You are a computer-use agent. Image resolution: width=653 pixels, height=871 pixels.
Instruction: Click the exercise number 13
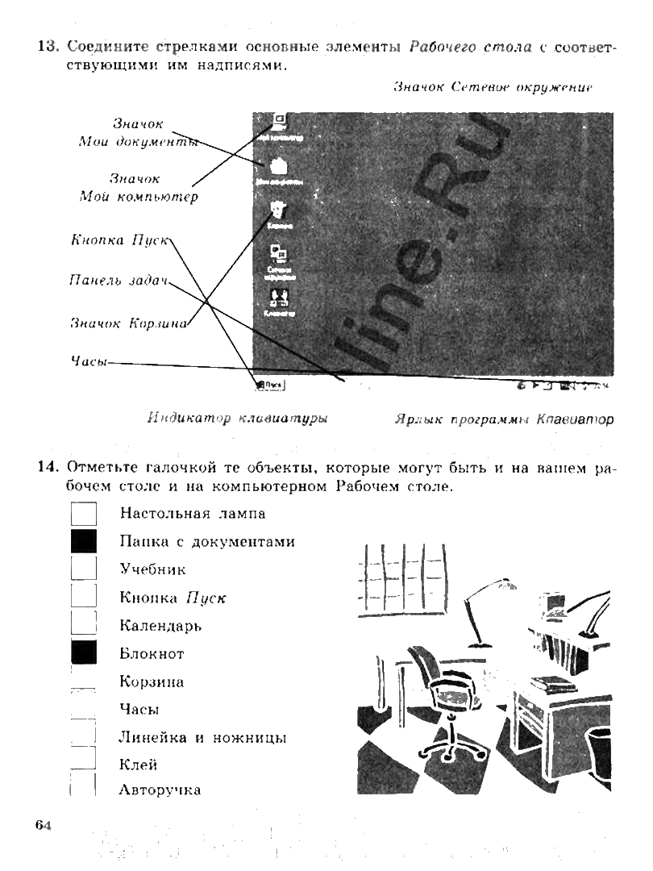point(48,47)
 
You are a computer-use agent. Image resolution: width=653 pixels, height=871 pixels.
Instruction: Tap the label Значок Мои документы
point(138,133)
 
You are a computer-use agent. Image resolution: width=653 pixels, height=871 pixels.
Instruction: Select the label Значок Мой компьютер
point(138,187)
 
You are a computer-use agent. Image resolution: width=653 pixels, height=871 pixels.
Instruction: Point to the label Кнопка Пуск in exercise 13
point(119,240)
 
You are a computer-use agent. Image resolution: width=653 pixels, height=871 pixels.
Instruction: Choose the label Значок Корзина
point(129,323)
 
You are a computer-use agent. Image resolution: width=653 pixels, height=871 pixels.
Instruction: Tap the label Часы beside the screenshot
point(89,362)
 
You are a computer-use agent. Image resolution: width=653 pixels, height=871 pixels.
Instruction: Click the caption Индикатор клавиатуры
point(237,419)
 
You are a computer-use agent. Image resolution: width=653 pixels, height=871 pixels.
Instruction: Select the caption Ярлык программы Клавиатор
point(504,419)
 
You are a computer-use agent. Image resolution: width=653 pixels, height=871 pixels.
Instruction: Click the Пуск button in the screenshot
point(270,385)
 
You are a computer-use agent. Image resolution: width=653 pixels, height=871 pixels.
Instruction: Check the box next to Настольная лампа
point(84,513)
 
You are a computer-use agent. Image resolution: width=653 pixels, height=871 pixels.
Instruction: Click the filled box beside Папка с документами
point(84,541)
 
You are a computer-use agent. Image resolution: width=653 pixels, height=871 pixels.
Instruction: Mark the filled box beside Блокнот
point(84,652)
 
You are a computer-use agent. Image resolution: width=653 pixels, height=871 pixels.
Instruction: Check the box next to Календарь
point(84,624)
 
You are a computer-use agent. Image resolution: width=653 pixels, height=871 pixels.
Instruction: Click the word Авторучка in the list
point(160,790)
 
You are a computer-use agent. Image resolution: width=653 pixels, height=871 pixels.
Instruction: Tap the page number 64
point(43,824)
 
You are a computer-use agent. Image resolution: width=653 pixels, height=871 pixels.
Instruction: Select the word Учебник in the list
point(152,569)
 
